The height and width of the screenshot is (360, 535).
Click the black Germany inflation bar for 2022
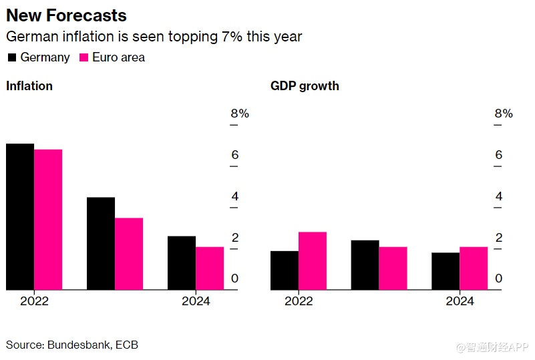20,216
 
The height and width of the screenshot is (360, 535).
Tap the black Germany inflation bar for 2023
101,243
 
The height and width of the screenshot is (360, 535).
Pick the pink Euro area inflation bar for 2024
210,268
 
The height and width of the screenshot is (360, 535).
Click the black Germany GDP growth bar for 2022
285,270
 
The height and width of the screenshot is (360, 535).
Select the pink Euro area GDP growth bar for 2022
313,260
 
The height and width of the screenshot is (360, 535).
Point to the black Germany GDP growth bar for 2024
445,271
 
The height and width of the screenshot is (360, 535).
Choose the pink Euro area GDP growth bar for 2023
393,268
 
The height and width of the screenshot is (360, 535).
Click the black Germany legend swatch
12,57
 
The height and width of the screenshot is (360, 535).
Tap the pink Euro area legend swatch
84,57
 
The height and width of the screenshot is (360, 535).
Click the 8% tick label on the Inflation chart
240,114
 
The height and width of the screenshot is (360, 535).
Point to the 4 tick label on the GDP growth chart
498,196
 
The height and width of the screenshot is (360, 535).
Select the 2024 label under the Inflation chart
196,301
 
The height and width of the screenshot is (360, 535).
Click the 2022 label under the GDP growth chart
299,301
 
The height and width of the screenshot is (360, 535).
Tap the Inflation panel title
29,86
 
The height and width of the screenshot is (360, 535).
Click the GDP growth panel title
305,86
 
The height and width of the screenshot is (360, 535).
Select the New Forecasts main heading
66,15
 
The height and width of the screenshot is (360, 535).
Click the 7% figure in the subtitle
231,37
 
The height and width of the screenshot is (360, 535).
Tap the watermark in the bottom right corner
492,347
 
